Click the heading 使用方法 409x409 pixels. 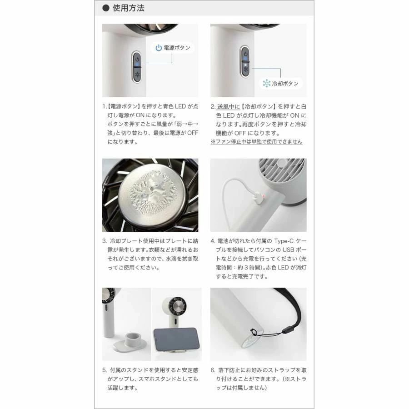[x=128, y=8]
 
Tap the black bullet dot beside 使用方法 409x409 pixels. [x=105, y=8]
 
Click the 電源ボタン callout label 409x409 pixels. [x=173, y=48]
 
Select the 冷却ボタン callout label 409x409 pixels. [x=281, y=84]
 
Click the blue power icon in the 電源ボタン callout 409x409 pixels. [x=159, y=48]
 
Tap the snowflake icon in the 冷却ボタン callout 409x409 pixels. [x=267, y=84]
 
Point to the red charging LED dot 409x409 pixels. [x=264, y=196]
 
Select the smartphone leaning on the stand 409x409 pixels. [x=176, y=339]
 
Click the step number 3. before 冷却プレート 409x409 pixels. [x=105, y=241]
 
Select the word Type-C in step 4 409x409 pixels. [x=284, y=241]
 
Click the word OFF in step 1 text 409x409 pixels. [x=193, y=133]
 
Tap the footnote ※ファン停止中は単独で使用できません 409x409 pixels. [x=256, y=142]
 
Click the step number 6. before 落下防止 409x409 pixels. [x=213, y=370]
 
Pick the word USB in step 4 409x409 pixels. [x=289, y=250]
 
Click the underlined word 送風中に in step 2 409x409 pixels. [x=228, y=107]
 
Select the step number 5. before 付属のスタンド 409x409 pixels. [x=105, y=370]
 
